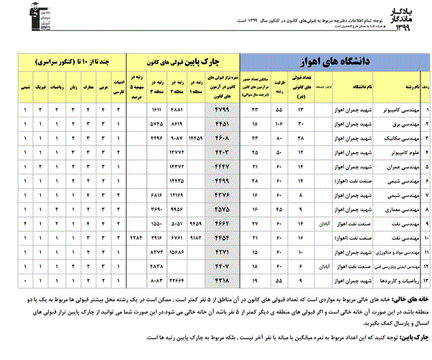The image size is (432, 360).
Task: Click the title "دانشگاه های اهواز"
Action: (333, 61)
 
